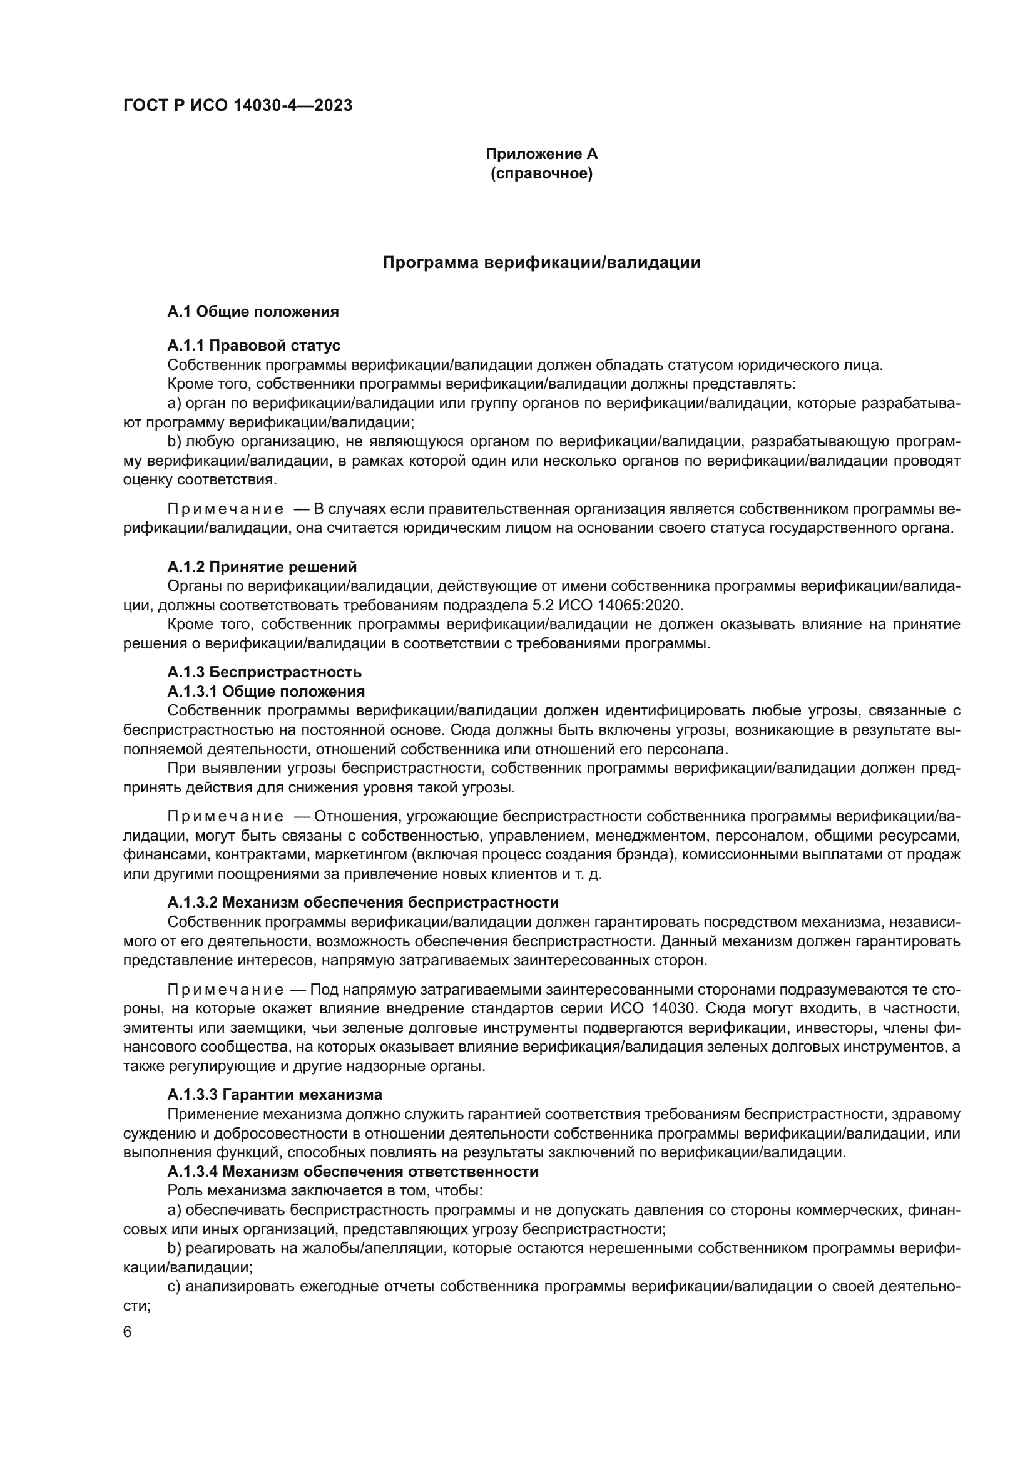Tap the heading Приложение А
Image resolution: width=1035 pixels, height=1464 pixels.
pos(541,154)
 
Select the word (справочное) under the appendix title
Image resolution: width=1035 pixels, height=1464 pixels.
pos(541,173)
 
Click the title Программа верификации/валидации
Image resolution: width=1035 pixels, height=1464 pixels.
pos(541,263)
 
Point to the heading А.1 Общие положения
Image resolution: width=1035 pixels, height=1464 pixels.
pos(253,312)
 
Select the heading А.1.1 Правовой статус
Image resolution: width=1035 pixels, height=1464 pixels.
pos(253,346)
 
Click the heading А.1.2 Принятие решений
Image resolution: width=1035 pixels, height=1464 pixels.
pos(262,567)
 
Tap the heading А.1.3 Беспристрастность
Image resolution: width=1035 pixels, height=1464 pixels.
pos(265,672)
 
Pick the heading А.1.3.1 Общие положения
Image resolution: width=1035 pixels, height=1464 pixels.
pos(266,691)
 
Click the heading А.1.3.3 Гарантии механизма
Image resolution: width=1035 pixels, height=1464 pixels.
pos(275,1095)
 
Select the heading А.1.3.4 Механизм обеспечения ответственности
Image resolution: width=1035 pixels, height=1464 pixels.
pos(352,1171)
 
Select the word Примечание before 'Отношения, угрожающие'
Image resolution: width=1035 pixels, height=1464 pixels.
pos(226,817)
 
